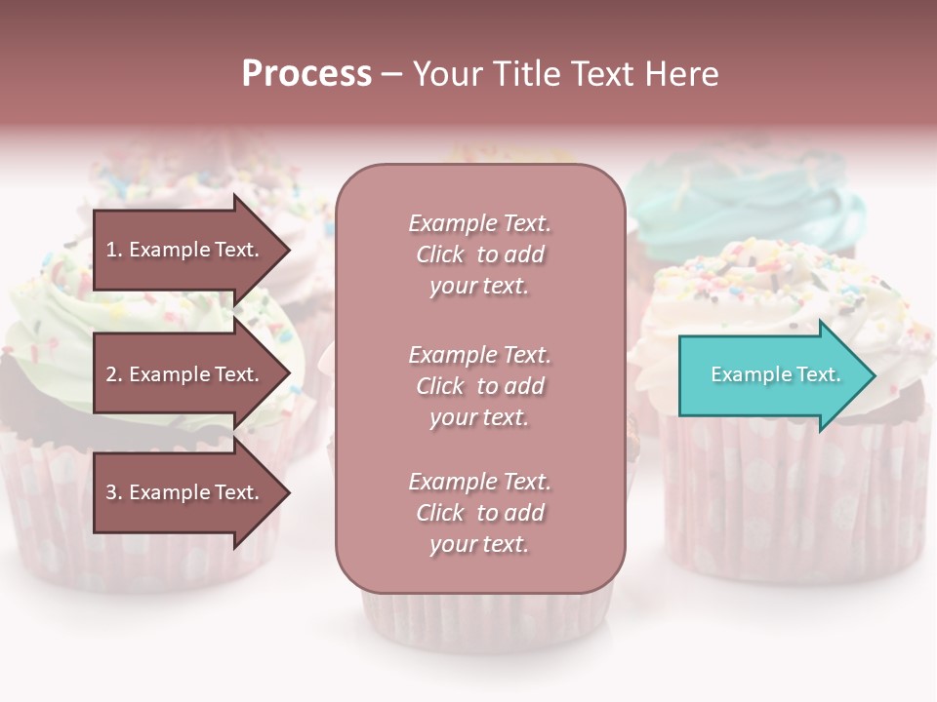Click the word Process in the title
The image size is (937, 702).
pos(306,74)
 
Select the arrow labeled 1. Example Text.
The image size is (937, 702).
pos(183,250)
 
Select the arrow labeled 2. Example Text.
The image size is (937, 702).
pos(183,374)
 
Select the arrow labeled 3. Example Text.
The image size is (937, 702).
pos(183,492)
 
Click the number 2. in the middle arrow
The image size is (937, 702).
pos(114,374)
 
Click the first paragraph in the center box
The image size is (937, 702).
pos(479,254)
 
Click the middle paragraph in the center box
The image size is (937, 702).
pos(479,386)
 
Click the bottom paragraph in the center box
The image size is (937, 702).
pos(479,513)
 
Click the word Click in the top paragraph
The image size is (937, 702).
pos(440,254)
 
